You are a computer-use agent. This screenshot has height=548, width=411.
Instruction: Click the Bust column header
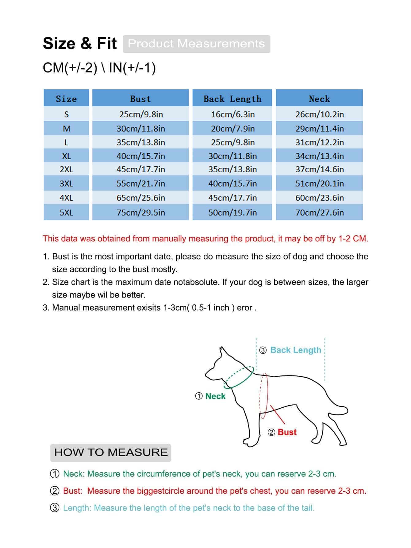[140, 99]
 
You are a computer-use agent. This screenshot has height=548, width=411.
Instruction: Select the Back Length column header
[232, 99]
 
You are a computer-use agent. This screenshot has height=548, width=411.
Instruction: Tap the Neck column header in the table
[319, 99]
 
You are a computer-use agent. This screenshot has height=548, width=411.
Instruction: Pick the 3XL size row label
[66, 184]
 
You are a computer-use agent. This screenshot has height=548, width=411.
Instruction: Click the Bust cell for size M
[140, 128]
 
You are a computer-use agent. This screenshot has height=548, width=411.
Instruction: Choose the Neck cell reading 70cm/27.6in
[319, 212]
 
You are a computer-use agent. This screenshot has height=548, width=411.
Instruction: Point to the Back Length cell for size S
[232, 114]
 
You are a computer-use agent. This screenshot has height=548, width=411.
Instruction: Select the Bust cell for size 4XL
[140, 198]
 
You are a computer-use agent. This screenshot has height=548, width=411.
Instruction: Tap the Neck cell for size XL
[319, 156]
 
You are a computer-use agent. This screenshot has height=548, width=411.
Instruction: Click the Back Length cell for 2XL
[232, 169]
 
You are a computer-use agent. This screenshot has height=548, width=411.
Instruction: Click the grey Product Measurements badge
[196, 44]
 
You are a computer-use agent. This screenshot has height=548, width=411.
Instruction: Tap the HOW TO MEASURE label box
[111, 452]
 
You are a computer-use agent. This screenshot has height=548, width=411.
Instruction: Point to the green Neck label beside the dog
[215, 396]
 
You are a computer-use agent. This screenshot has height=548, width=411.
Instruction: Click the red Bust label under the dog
[287, 432]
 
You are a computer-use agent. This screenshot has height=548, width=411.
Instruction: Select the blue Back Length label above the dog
[295, 350]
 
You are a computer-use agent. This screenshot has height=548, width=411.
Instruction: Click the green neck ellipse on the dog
[239, 377]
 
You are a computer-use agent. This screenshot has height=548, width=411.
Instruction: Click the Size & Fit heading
[80, 43]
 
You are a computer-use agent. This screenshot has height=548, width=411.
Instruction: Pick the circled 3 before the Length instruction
[55, 508]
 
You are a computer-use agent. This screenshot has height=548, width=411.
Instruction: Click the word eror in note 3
[244, 308]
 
